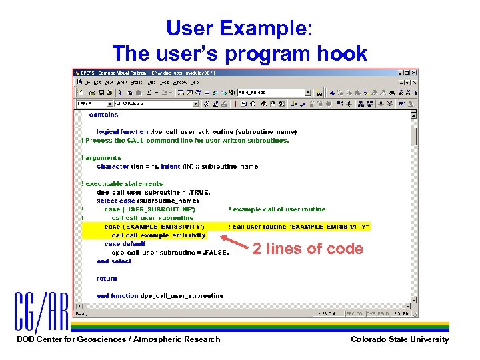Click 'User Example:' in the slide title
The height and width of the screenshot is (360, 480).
[x=239, y=28]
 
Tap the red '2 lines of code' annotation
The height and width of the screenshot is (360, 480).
[x=307, y=249]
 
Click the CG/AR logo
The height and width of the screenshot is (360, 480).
[x=41, y=312]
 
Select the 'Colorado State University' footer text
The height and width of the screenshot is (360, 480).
[x=400, y=339]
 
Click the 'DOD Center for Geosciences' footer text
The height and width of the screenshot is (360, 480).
[x=118, y=339]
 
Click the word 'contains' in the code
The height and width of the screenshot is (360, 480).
[x=103, y=115]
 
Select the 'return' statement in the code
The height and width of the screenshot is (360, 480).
[x=107, y=279]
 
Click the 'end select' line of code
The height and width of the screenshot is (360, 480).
[x=114, y=261]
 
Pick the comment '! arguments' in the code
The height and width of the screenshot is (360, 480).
[x=101, y=158]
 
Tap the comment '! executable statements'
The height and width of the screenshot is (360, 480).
[x=122, y=183]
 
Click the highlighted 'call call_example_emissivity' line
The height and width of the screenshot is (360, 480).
[x=159, y=235]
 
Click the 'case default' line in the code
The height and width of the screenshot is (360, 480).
[x=125, y=244]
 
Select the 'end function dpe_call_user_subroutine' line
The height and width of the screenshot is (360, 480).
[x=160, y=295]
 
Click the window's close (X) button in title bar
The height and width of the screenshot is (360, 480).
[x=413, y=73]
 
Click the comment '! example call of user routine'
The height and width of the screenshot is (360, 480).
[x=277, y=209]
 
